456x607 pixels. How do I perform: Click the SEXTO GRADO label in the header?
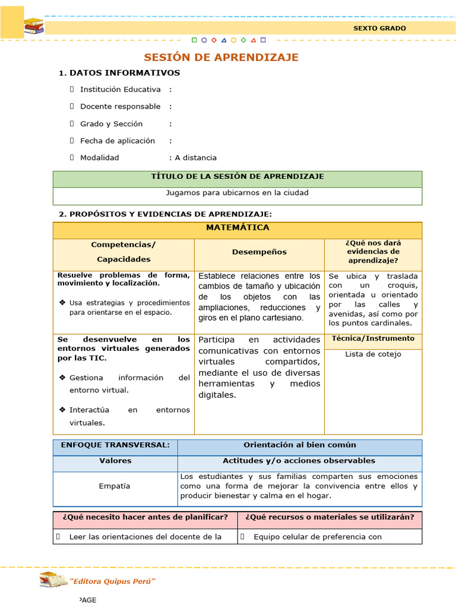pos(379,28)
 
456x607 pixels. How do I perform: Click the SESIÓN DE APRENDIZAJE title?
pos(221,57)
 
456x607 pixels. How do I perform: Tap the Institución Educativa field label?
pos(120,90)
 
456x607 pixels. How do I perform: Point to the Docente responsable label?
pos(120,107)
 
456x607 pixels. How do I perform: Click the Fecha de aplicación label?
pos(117,141)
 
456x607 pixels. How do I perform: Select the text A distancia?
pos(195,158)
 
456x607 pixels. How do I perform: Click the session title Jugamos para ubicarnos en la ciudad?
pos(237,193)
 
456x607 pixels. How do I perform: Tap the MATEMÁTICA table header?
pos(237,228)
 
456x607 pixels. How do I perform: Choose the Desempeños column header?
pos(259,252)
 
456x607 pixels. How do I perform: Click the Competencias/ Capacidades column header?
pos(123,252)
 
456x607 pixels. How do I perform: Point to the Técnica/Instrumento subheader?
pos(373,338)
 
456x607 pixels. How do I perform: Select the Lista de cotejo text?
pos(373,354)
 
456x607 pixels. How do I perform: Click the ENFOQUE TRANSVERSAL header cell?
pos(115,445)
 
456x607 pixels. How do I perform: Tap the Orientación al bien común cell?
pos(299,445)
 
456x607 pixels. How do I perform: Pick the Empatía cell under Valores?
pos(115,486)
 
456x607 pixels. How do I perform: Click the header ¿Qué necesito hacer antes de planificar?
pos(145,517)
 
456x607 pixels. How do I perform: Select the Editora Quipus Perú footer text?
pos(112,581)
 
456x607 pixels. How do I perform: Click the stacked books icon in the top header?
pos(34,26)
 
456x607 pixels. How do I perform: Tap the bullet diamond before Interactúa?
pos(62,410)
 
